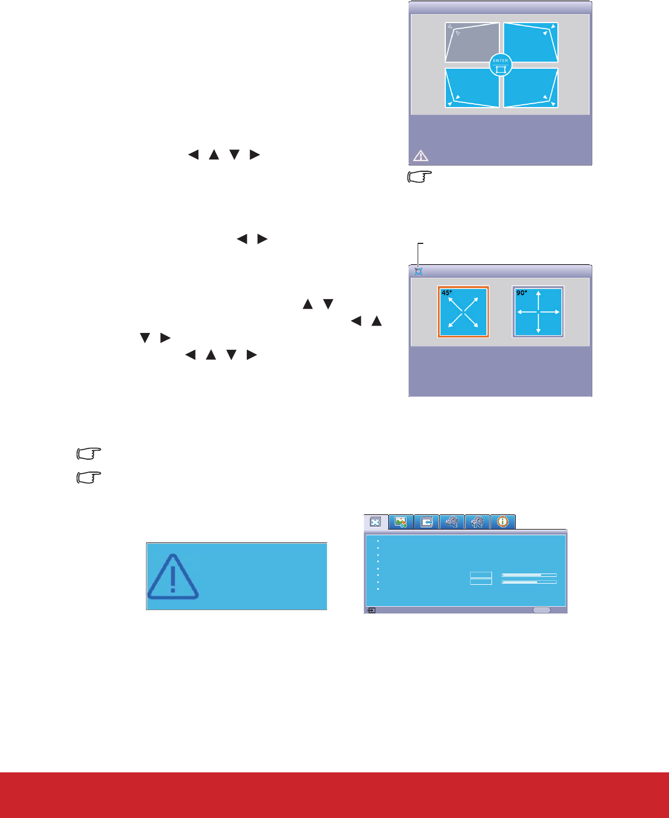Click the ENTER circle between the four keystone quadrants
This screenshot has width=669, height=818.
coord(500,65)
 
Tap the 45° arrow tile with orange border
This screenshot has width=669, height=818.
coord(463,312)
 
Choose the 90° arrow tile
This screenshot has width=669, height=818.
coord(538,312)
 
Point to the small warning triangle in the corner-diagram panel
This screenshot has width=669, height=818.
coord(420,156)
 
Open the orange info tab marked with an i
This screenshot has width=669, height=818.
coord(503,522)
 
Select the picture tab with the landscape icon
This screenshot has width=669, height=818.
coord(401,522)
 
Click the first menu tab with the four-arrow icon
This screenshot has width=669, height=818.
coord(375,522)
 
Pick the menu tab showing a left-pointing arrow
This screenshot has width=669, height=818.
coord(427,522)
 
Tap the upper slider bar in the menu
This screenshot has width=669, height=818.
coord(529,575)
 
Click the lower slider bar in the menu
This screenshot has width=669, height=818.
coord(529,582)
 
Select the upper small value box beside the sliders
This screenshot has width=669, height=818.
coord(481,575)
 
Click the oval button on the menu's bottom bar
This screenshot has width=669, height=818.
coord(542,610)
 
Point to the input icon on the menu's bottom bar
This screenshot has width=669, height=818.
coord(371,610)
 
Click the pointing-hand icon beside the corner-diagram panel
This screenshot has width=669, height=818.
coord(419,177)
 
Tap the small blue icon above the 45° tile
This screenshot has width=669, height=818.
coord(418,271)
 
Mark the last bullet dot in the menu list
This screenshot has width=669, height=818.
coord(378,589)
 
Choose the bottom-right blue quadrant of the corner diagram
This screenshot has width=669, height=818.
coord(530,87)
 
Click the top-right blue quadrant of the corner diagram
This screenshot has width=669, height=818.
coord(530,43)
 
